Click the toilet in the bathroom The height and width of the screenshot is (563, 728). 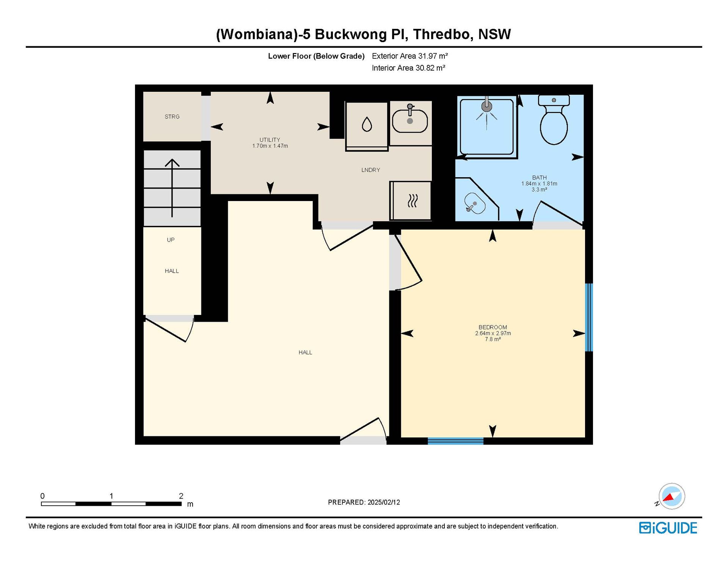point(554,120)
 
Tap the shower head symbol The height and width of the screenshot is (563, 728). point(487,107)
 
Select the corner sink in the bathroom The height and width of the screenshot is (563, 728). point(475,203)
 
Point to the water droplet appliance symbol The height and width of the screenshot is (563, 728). point(367,124)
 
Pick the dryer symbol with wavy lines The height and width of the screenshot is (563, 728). point(413,201)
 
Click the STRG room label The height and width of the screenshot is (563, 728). point(172,117)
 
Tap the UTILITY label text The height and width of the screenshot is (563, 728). point(270,140)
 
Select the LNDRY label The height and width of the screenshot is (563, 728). point(370,170)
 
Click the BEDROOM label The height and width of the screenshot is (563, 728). point(493,327)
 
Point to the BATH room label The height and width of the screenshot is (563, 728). point(539,178)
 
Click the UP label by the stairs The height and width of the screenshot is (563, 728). point(171,240)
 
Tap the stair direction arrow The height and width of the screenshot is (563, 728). point(172,188)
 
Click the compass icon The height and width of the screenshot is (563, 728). point(672,496)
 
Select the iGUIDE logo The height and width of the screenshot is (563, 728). point(668,528)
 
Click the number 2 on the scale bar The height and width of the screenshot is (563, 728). point(181,496)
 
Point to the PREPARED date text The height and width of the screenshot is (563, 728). point(364,502)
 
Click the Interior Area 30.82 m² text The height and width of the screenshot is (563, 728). point(408,68)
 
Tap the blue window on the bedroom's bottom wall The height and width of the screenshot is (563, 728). point(456,441)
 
